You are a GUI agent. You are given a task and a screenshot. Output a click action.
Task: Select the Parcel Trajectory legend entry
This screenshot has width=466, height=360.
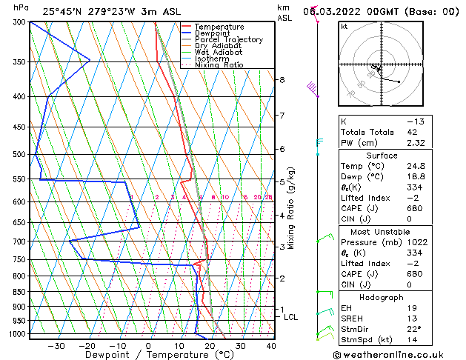pyautogui.click(x=228, y=39)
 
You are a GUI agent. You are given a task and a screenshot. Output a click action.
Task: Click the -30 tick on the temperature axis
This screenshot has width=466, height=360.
pyautogui.click(x=56, y=345)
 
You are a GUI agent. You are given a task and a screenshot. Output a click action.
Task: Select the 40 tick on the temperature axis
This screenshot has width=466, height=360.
pyautogui.click(x=270, y=345)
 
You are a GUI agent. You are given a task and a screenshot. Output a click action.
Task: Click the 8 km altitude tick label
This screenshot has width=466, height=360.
pyautogui.click(x=282, y=79)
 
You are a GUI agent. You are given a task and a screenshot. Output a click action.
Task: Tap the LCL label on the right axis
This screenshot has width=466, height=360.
pyautogui.click(x=291, y=317)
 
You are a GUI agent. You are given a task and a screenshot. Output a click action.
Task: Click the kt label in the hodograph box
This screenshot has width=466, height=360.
pyautogui.click(x=344, y=26)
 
